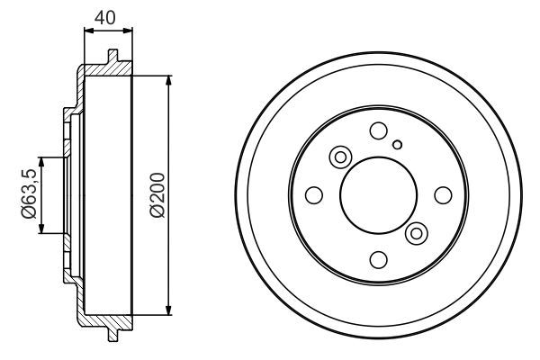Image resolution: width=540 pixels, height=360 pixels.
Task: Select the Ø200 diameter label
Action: tap(157, 194)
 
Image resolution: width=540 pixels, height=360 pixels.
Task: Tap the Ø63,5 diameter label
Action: tap(28, 194)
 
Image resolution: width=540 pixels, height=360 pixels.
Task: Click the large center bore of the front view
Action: tap(378, 195)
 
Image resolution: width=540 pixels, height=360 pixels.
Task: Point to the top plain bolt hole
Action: tap(378, 131)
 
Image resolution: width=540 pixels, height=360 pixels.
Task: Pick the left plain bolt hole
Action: tap(314, 195)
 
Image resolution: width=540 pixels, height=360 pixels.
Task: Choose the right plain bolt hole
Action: tap(442, 195)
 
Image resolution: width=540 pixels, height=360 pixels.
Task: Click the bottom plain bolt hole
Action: tap(378, 259)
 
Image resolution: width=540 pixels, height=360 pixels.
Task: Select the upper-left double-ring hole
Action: tap(341, 158)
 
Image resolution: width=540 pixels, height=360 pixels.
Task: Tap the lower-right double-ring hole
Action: tap(415, 233)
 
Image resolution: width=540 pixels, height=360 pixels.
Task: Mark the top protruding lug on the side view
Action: tap(113, 58)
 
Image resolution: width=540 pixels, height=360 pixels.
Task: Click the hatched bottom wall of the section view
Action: tap(103, 319)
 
